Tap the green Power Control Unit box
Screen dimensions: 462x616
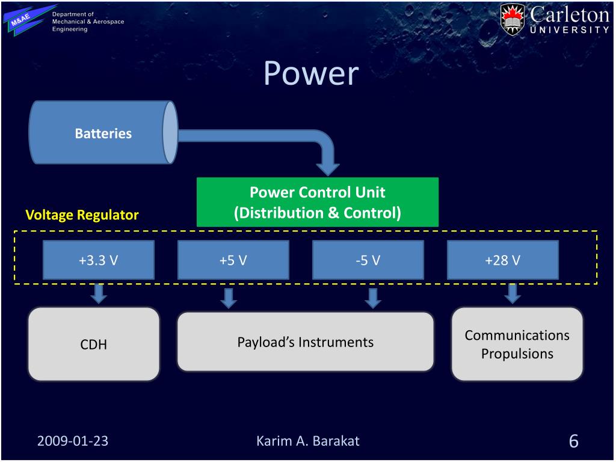point(317,202)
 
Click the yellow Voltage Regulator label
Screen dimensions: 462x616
point(82,215)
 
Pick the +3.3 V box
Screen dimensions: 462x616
point(99,260)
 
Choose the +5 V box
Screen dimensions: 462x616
point(233,260)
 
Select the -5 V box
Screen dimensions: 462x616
point(368,260)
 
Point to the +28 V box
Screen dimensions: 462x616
point(502,260)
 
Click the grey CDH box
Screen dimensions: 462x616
point(94,344)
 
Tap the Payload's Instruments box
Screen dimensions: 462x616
point(305,342)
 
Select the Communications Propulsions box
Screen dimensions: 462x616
point(517,344)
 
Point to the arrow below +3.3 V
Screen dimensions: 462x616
point(99,293)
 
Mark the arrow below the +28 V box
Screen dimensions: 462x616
point(512,293)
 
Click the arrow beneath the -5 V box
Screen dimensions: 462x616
point(373,297)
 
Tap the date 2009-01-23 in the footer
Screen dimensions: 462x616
point(72,440)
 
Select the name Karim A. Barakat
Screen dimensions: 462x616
point(307,440)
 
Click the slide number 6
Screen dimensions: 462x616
point(573,441)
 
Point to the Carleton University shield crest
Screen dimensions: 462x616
point(513,20)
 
